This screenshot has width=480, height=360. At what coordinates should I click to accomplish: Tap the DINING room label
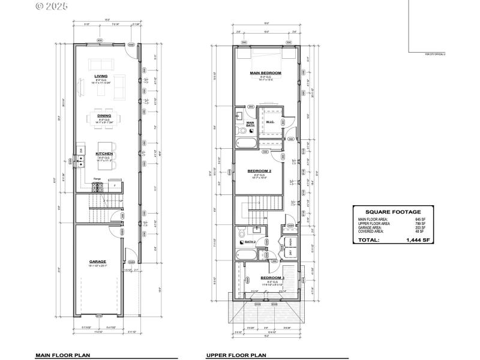coord(104,115)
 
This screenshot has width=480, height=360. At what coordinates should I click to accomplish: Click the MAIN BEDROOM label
coord(266,73)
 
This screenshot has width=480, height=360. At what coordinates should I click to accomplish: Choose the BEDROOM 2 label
coord(260,171)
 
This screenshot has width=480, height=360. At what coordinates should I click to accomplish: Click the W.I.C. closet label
coord(270,123)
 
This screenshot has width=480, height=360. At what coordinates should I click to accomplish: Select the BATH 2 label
coord(250,242)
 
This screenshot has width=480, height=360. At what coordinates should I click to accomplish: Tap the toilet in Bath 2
coord(241,232)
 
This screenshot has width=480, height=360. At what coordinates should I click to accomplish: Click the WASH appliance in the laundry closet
coord(291,241)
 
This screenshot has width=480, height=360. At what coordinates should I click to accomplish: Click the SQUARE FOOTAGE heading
coord(392,212)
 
